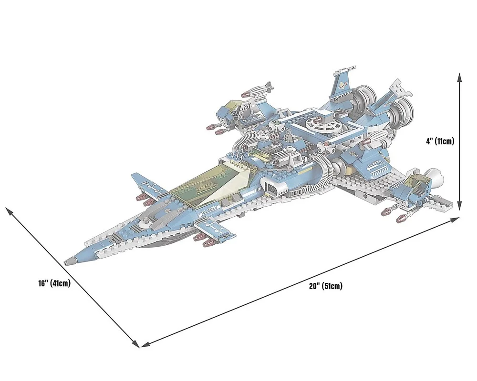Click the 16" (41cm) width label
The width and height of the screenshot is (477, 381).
[x=54, y=283]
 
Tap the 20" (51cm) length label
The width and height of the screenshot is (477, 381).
[x=326, y=286]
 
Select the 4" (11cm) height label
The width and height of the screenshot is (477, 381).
[x=440, y=141]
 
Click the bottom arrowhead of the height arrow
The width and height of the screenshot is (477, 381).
[x=460, y=206]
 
